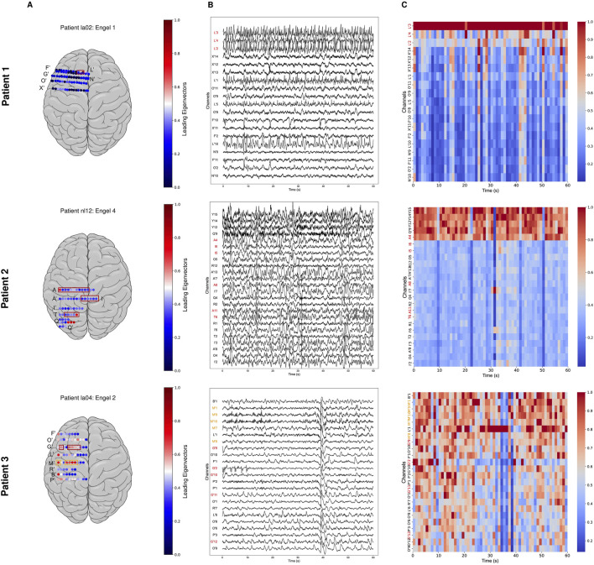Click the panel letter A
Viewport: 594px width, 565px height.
pos(54,6)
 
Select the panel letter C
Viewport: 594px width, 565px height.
pos(404,6)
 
